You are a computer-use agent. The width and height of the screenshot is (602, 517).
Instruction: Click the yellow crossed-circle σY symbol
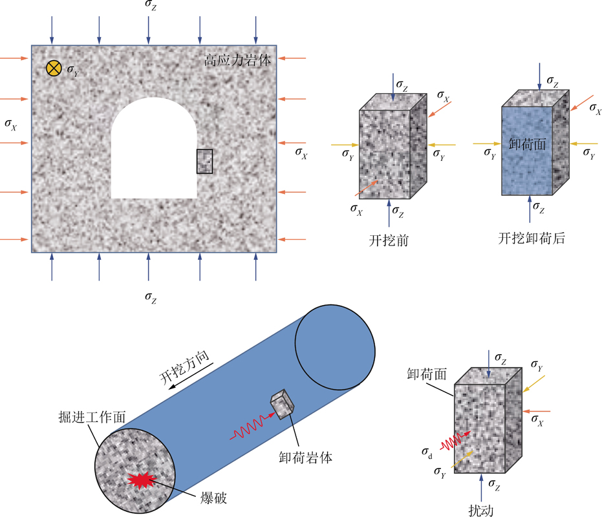[54, 68]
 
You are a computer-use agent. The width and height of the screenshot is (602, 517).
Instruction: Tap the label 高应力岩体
[237, 61]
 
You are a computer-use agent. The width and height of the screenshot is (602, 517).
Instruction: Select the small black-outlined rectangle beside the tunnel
[204, 161]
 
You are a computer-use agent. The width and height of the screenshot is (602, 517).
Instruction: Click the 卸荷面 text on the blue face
[528, 145]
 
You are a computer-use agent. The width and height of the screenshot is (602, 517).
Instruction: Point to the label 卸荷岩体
[305, 457]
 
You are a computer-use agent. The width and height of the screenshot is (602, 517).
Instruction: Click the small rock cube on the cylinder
[281, 405]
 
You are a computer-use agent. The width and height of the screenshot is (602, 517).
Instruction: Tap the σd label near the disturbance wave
[427, 450]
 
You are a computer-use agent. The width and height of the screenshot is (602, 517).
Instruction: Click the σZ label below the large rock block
[150, 297]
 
